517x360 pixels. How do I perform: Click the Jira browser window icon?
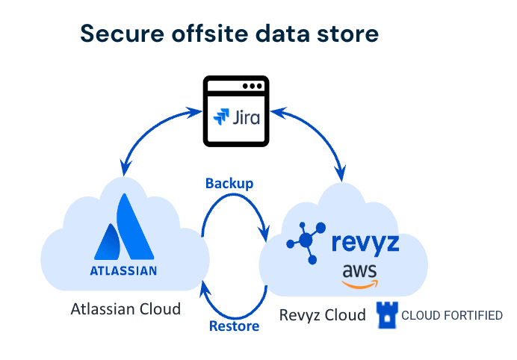click(x=235, y=109)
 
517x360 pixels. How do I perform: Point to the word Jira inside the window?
click(x=247, y=117)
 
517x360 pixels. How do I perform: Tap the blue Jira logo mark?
click(x=222, y=117)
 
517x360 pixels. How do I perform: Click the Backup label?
click(x=229, y=184)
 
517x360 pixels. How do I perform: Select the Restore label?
click(x=234, y=326)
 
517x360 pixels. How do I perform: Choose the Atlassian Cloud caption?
click(x=126, y=308)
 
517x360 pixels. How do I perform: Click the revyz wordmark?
click(x=364, y=243)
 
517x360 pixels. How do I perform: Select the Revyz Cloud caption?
click(x=323, y=315)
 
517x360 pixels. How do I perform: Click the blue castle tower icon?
click(x=386, y=315)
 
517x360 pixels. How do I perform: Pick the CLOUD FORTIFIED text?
click(x=452, y=316)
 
